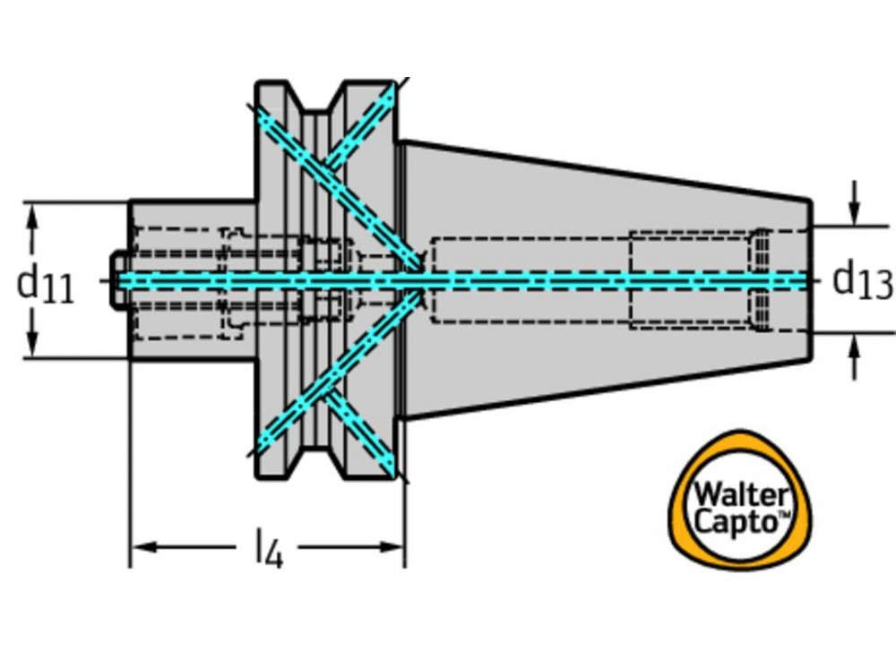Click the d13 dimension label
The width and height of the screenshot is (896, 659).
[863, 281]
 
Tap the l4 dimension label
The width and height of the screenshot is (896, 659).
[268, 549]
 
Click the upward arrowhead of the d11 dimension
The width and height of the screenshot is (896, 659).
[34, 216]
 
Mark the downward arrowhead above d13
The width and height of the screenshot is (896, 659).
[856, 213]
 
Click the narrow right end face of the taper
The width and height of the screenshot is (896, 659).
[809, 279]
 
